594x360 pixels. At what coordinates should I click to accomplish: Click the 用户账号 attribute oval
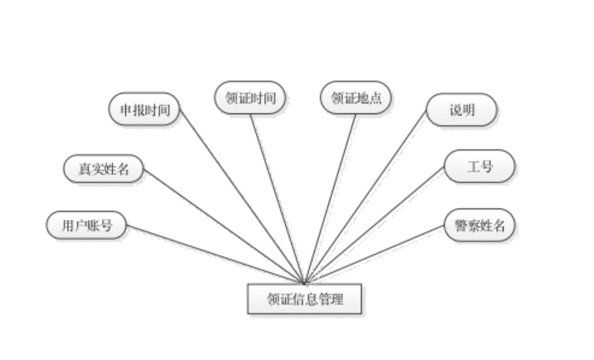click(86, 225)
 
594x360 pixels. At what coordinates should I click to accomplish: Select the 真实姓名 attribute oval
click(103, 169)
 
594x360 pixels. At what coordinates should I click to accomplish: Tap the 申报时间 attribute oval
click(144, 109)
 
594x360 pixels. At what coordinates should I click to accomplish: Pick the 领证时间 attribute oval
click(250, 97)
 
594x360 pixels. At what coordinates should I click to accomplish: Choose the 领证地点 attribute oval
click(356, 97)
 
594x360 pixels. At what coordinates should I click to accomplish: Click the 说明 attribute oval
click(462, 110)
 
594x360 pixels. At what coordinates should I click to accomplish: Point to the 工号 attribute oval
click(479, 166)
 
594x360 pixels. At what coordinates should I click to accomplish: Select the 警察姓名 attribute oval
click(479, 225)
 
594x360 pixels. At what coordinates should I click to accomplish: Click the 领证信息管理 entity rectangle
click(304, 299)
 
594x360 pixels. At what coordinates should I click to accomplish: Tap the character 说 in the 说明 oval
click(455, 110)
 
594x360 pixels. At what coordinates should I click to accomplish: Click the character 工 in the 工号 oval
click(473, 166)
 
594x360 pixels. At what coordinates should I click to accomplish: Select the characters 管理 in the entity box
click(333, 299)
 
